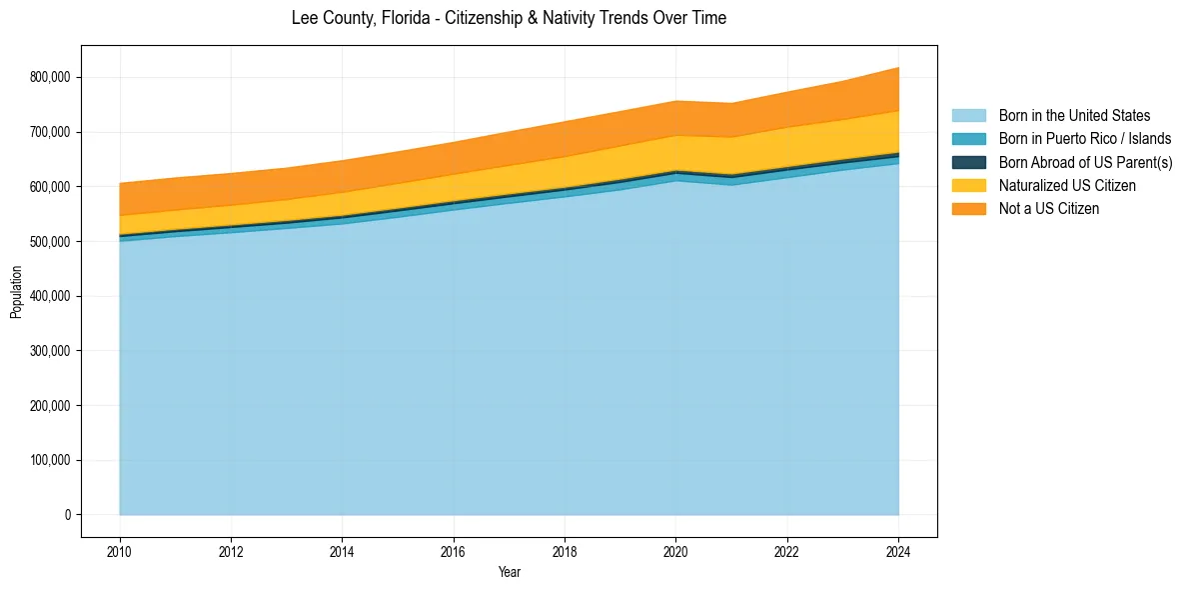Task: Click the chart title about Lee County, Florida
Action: tap(509, 18)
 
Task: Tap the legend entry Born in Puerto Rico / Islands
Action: tap(1085, 139)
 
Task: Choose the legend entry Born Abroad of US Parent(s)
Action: tap(1085, 162)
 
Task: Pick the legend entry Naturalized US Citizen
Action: tap(1067, 185)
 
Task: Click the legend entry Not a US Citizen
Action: tap(1049, 209)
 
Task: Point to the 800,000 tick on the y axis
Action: tap(52, 77)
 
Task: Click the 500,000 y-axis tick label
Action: tap(52, 242)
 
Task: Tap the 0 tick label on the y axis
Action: tap(67, 515)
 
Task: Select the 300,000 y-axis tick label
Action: tap(52, 351)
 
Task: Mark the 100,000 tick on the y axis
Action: tap(52, 461)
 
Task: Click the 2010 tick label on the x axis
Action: tap(120, 551)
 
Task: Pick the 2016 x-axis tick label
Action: tap(454, 551)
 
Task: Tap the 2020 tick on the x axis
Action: tap(676, 551)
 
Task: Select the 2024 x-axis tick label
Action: tap(898, 551)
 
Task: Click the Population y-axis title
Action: tap(16, 292)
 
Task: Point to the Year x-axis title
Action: tap(509, 573)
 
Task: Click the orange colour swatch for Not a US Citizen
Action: tap(968, 209)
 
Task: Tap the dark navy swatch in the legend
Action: tap(968, 162)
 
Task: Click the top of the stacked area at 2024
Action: tap(898, 68)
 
